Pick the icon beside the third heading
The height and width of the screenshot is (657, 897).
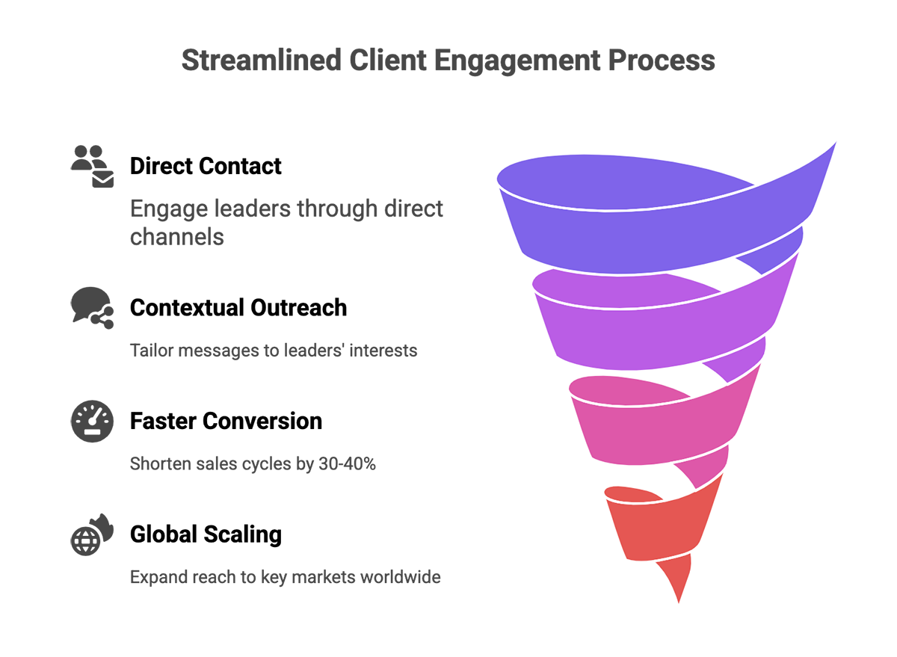pos(93,419)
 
